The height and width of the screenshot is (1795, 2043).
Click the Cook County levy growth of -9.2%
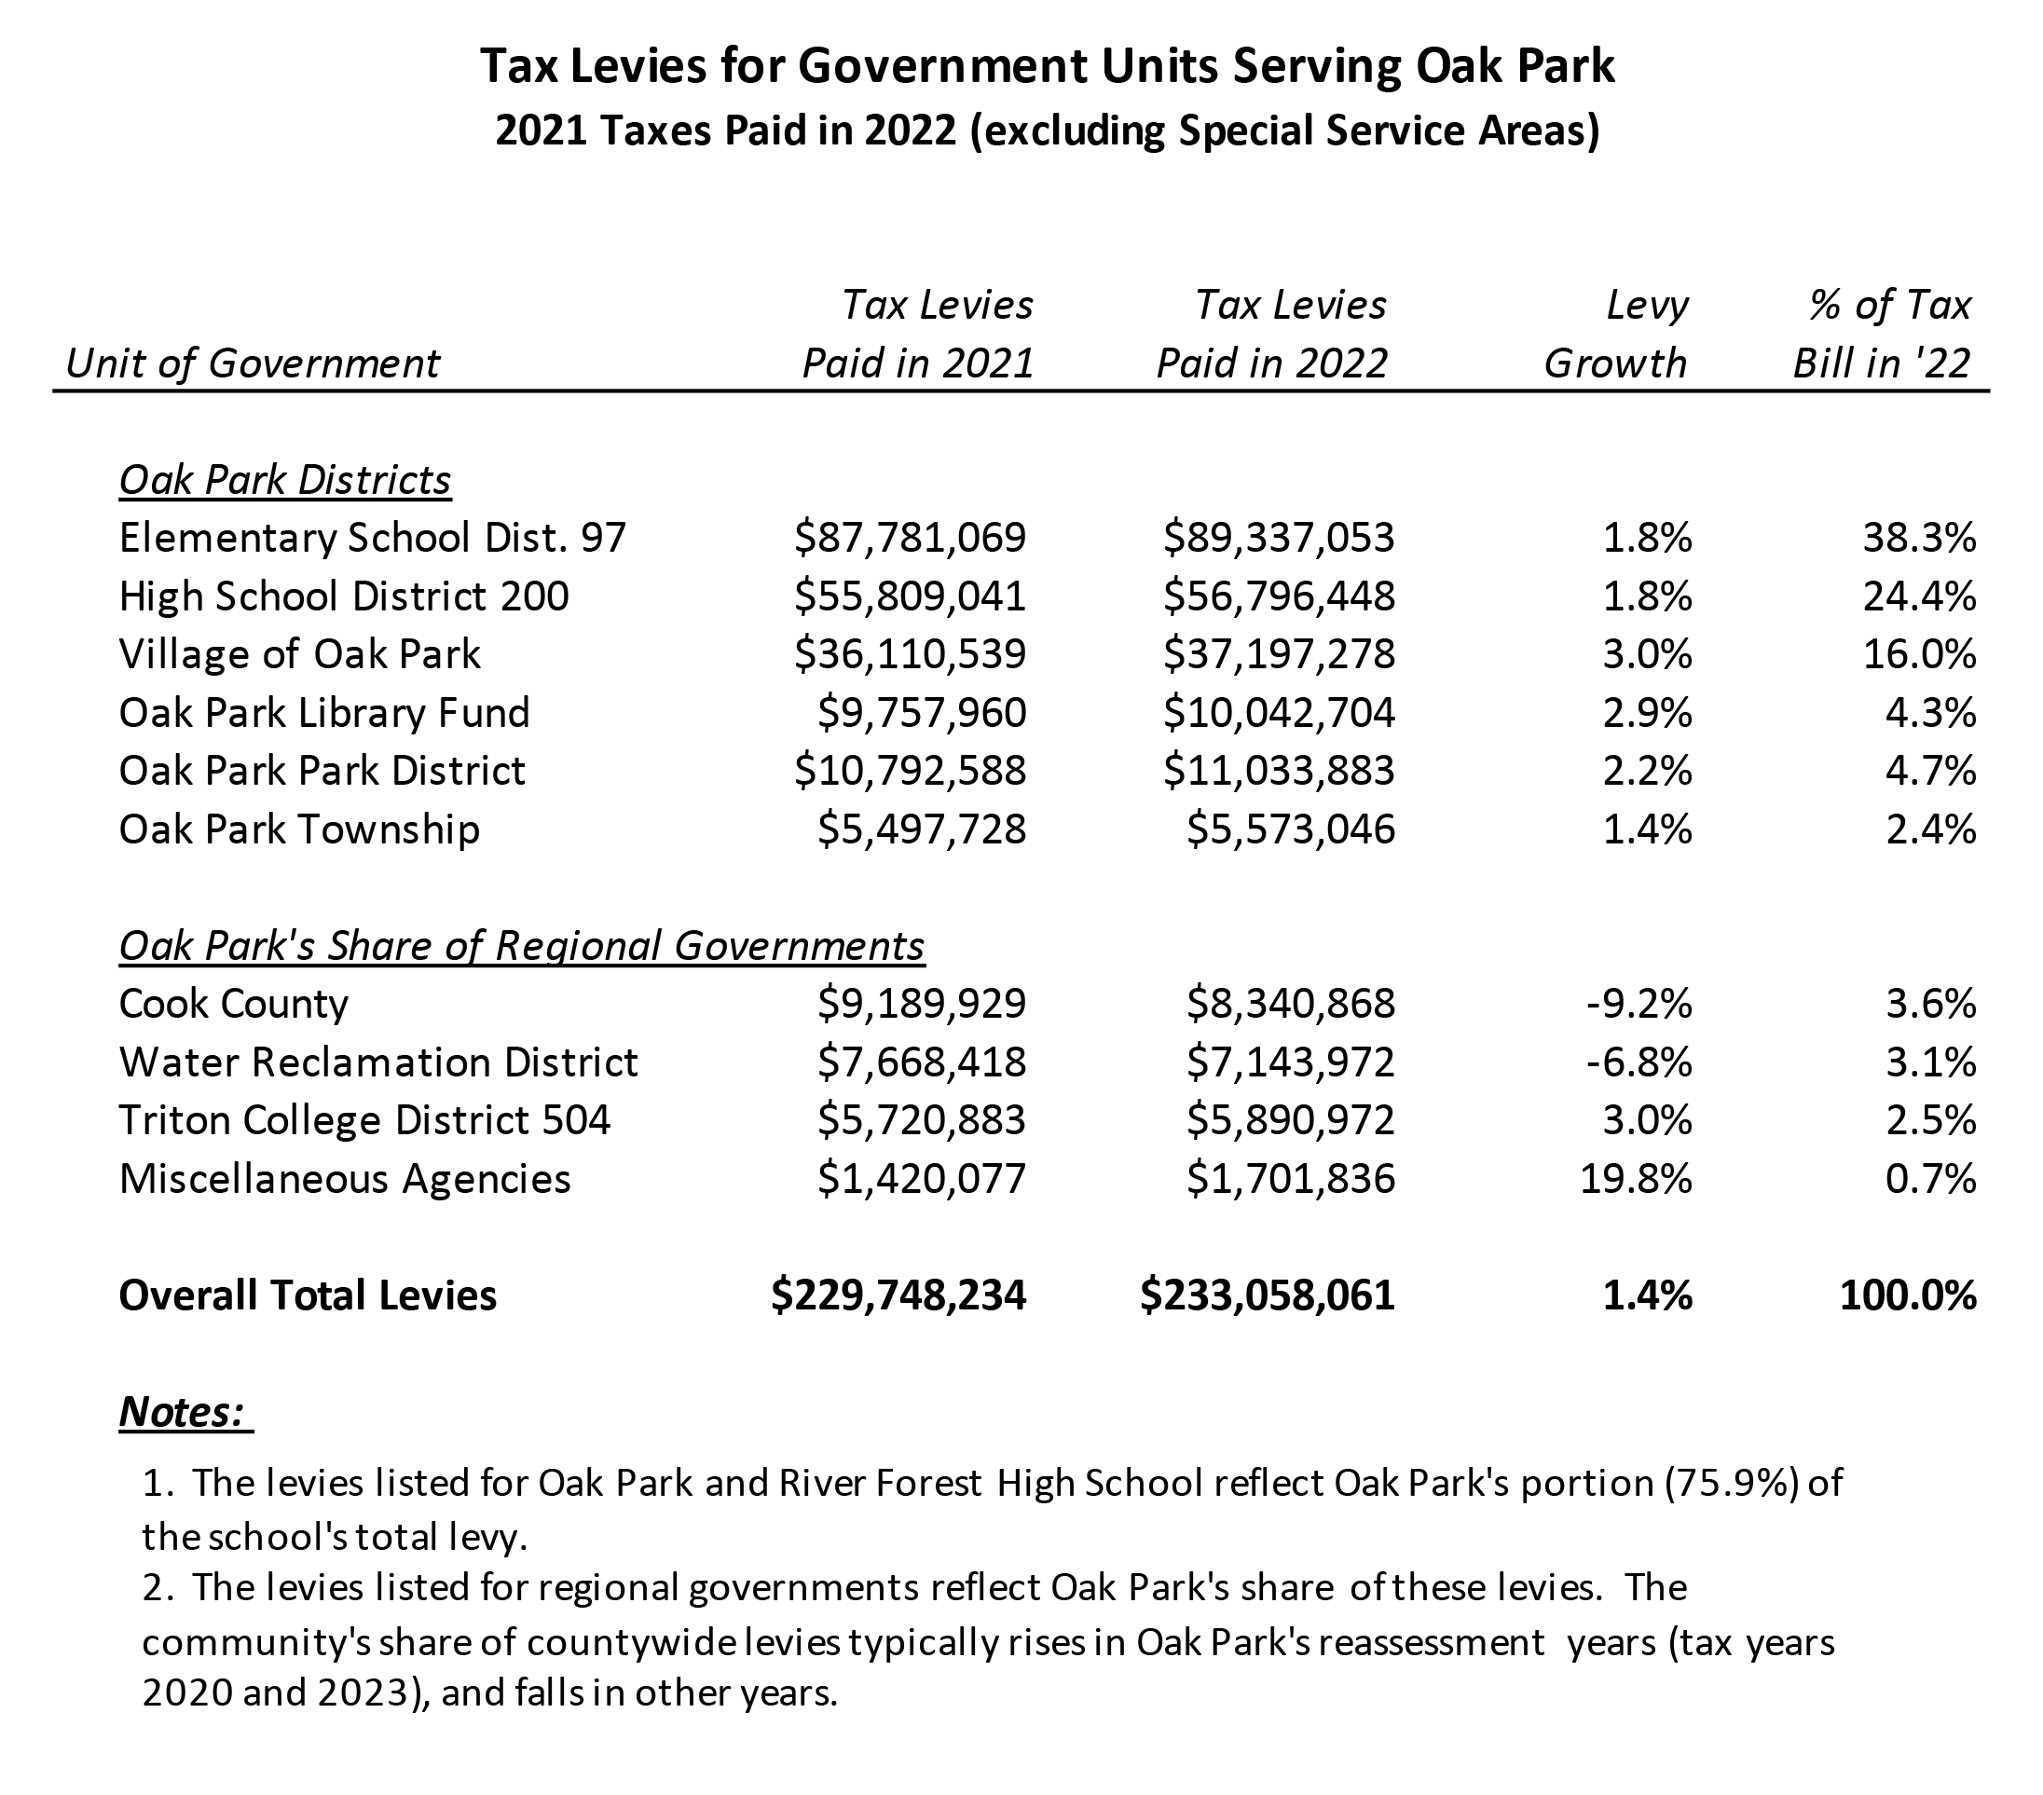coord(1639,1004)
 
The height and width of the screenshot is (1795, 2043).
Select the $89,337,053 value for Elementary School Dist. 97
coord(1279,538)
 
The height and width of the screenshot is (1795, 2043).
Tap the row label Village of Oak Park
coord(300,654)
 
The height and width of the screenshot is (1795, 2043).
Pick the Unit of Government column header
coord(252,363)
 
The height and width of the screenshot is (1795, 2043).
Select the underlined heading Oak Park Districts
coord(285,481)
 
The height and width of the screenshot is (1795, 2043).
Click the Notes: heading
coord(184,1411)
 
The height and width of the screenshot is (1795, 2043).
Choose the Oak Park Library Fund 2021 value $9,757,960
coord(922,713)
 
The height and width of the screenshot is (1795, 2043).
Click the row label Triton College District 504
coord(363,1120)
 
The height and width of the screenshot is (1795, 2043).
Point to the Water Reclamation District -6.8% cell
coord(1639,1062)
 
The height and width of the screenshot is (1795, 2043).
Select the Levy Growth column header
coord(1616,334)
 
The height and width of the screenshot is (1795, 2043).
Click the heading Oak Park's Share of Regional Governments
coord(522,945)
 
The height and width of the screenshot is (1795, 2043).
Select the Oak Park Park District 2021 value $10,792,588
coord(910,771)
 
